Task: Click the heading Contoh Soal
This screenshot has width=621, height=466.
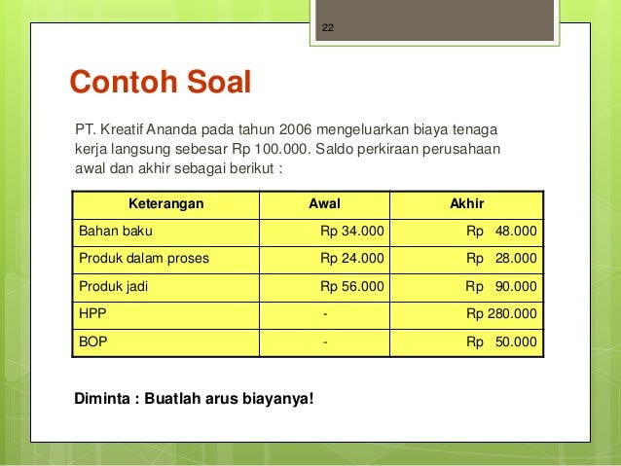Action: click(x=158, y=83)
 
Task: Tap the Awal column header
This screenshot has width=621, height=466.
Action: click(x=324, y=204)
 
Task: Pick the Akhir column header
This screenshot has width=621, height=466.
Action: click(x=466, y=204)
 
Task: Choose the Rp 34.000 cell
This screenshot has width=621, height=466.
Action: click(x=352, y=232)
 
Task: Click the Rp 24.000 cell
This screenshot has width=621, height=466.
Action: click(x=352, y=259)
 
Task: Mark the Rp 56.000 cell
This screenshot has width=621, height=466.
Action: click(x=352, y=287)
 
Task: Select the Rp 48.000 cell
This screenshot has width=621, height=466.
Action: click(x=501, y=232)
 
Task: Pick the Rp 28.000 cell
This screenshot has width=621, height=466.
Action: click(x=501, y=259)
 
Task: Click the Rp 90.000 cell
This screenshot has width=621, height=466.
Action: click(x=501, y=287)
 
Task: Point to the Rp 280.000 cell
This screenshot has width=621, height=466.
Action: click(x=501, y=314)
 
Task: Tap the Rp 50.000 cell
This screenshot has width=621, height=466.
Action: click(x=501, y=342)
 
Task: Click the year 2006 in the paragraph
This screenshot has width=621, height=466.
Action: click(x=298, y=128)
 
